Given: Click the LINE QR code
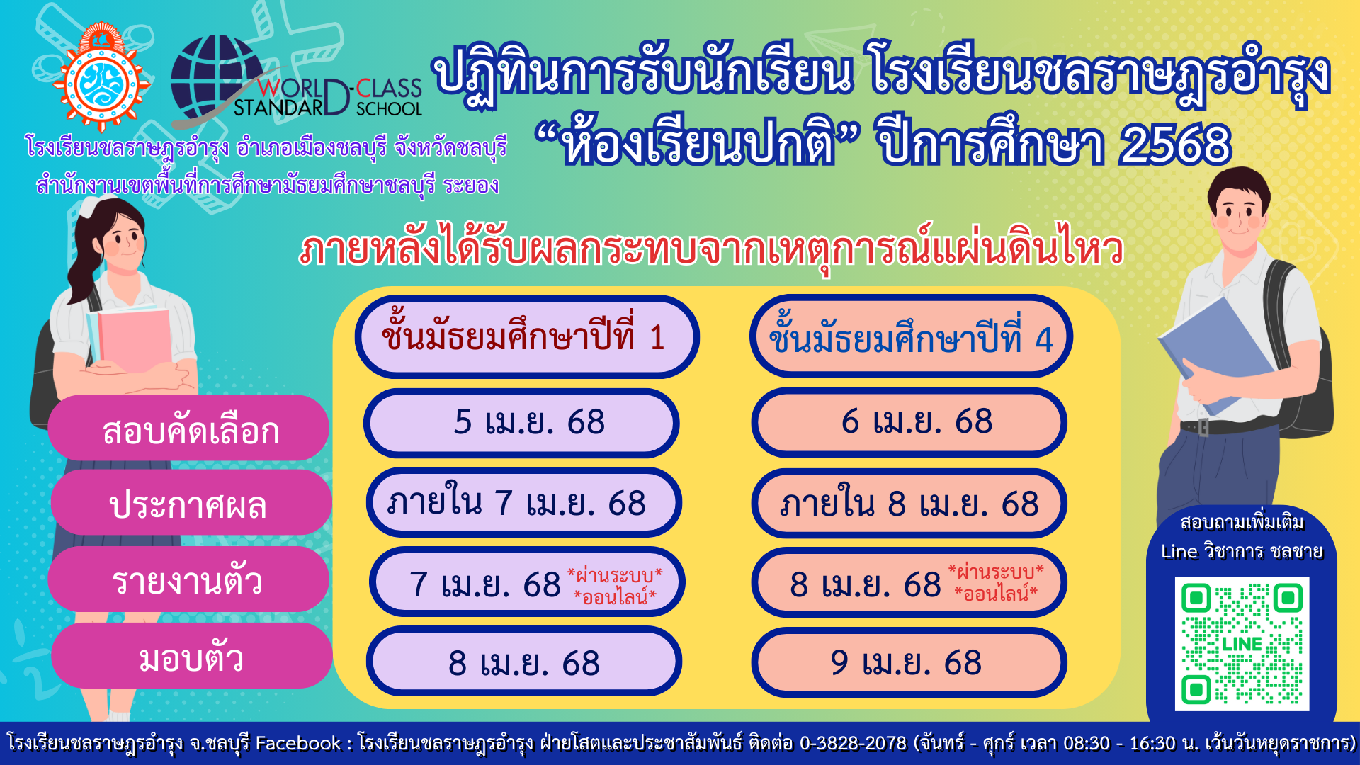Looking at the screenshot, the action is [1242, 643].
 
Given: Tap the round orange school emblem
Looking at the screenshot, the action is [102, 79].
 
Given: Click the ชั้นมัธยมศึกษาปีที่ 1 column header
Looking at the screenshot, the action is [527, 336].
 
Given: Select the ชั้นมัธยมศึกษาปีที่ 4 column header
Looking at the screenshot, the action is [911, 336].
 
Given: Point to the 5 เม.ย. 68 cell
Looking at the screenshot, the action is [521, 423].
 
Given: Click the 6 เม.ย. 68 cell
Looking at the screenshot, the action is [909, 423].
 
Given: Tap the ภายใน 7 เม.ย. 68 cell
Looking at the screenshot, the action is [524, 503].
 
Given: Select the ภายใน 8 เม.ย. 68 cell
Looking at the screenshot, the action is [909, 503].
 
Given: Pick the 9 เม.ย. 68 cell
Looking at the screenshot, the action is [909, 662].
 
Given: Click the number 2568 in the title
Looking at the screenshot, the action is [1175, 144].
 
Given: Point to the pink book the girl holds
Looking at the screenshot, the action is [133, 341].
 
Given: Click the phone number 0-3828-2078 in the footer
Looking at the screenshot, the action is [853, 743].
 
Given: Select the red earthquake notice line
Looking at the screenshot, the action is [711, 249].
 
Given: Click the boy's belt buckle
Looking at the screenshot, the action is [1203, 428].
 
